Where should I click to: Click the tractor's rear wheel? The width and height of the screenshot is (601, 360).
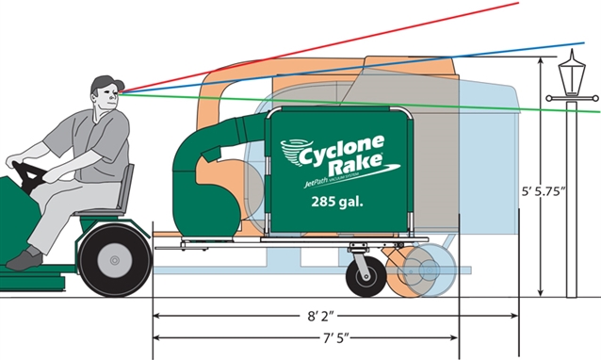click(115, 257)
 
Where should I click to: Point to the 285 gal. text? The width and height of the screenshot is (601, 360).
click(338, 201)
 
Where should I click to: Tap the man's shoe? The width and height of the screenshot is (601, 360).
click(22, 257)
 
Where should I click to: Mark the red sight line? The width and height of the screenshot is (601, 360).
click(377, 38)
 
